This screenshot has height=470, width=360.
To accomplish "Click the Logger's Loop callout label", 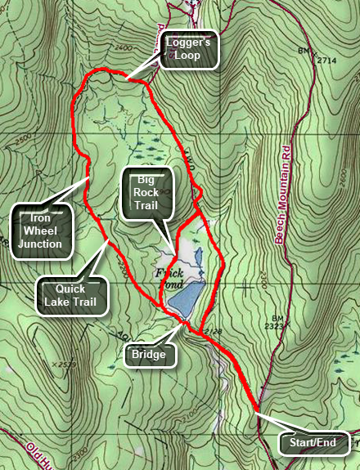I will click(189, 51).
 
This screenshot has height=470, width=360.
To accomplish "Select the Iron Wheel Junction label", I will click(40, 231).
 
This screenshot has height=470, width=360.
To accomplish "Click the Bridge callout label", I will click(151, 355).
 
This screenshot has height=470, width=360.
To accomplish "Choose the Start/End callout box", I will click(315, 444).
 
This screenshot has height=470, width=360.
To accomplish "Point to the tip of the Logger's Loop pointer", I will click(126, 81).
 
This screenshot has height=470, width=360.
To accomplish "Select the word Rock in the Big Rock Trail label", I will click(147, 193).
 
